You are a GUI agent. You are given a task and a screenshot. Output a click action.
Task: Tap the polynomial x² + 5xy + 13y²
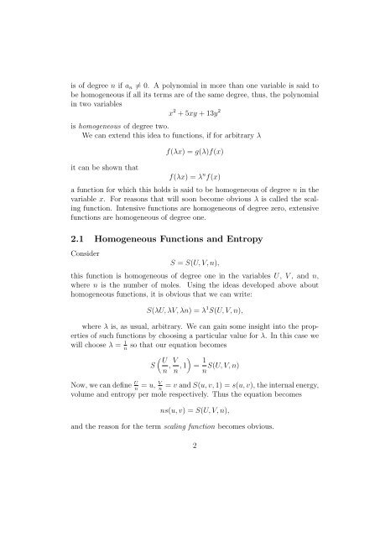click(x=186, y=111)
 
